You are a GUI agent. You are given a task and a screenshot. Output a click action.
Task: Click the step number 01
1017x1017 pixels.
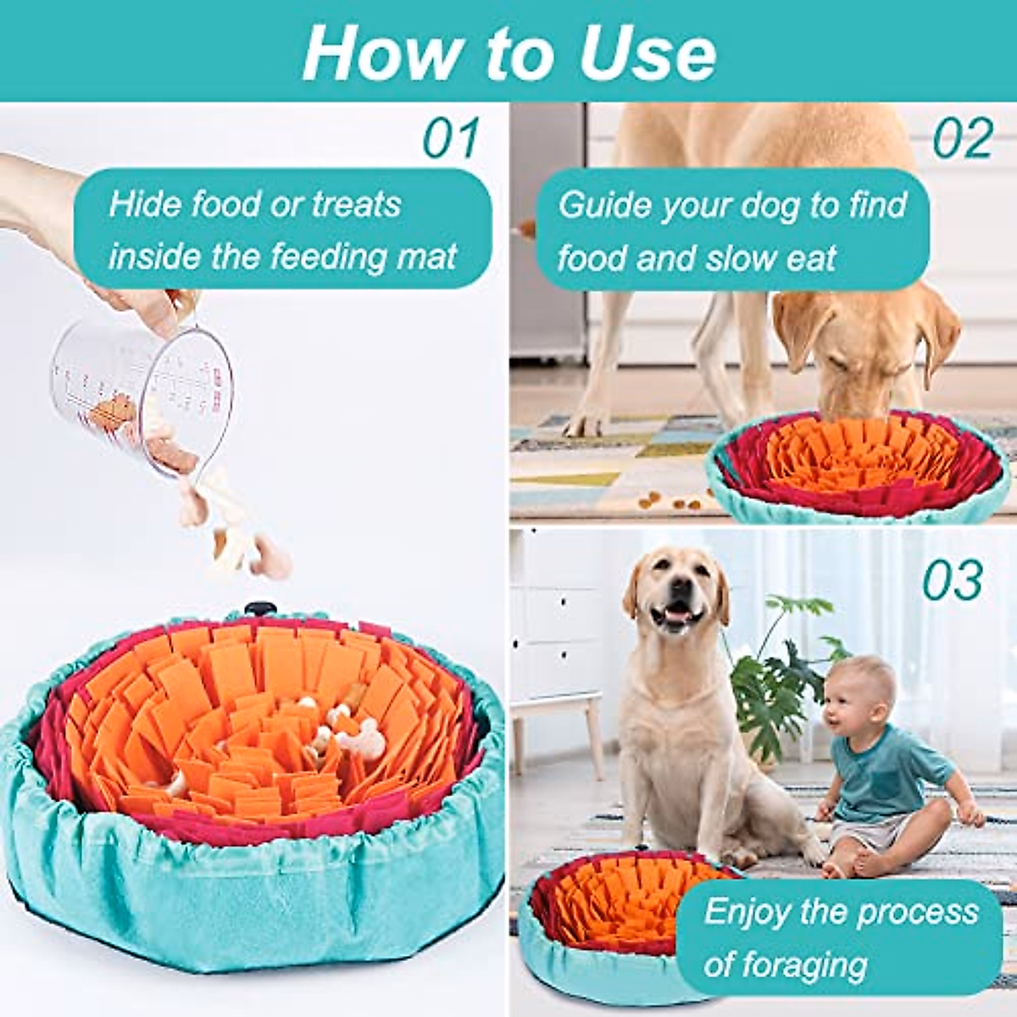coord(451,138)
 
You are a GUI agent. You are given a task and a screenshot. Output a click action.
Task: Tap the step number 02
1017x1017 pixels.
coord(962,138)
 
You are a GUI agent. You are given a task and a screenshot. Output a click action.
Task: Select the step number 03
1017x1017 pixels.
coord(953,581)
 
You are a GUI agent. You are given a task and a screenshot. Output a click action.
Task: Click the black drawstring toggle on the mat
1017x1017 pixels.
coord(256,610)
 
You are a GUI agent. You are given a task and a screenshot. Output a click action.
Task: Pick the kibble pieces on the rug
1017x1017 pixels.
coord(670,500)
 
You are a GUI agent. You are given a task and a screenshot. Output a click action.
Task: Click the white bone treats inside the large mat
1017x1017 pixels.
coord(347,729)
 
